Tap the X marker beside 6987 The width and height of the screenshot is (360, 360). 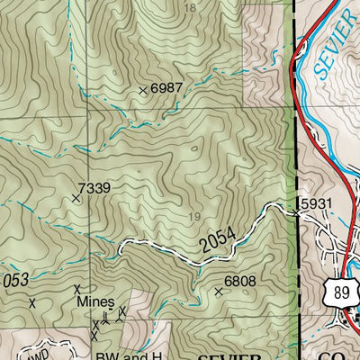pyautogui.click(x=142, y=90)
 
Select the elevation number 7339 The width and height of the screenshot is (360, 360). pyautogui.click(x=94, y=187)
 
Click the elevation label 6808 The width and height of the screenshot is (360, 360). pyautogui.click(x=240, y=281)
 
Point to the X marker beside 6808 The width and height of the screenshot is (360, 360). pyautogui.click(x=218, y=292)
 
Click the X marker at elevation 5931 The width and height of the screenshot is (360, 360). pyautogui.click(x=296, y=212)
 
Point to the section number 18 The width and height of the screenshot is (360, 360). pyautogui.click(x=188, y=7)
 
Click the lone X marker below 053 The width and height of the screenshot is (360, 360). pyautogui.click(x=31, y=303)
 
